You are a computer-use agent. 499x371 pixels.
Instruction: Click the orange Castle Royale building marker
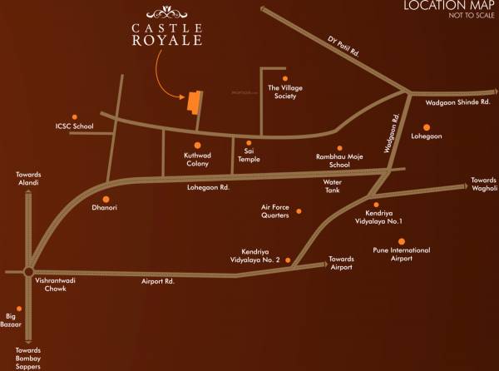click(x=194, y=101)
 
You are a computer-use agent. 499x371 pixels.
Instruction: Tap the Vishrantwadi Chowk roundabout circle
click(x=28, y=271)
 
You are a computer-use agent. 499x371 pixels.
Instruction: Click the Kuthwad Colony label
click(x=197, y=160)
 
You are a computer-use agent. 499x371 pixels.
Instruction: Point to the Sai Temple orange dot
click(x=248, y=142)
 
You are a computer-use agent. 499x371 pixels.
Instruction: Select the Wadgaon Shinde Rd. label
click(x=452, y=103)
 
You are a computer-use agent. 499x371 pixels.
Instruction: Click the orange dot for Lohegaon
click(x=426, y=127)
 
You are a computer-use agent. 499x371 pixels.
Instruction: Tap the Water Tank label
click(x=333, y=185)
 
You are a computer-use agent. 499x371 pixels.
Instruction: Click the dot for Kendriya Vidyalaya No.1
click(x=376, y=205)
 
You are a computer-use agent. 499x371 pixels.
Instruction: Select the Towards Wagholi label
click(x=483, y=185)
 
